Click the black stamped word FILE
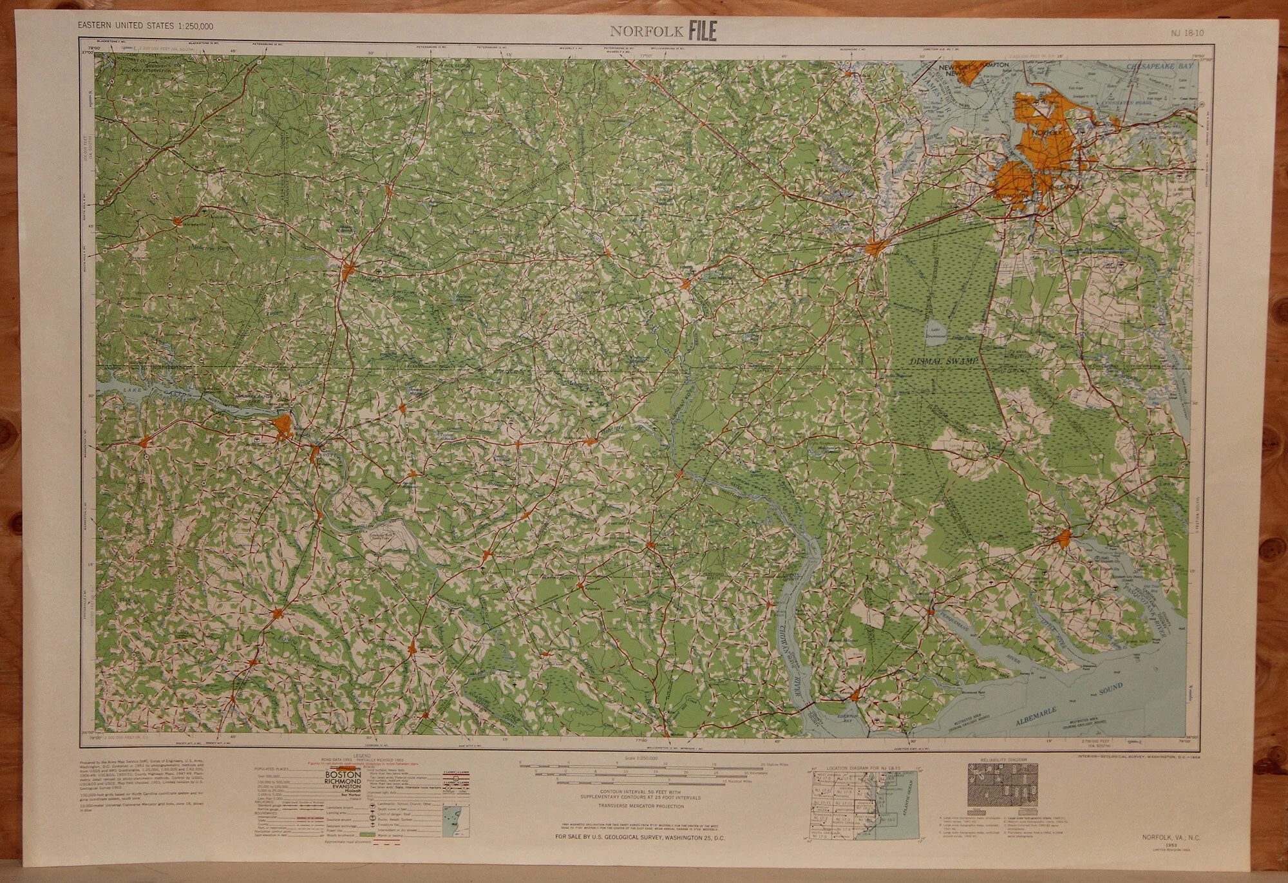pyautogui.click(x=702, y=30)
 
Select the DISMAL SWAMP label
pyautogui.click(x=945, y=362)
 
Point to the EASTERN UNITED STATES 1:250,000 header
pyautogui.click(x=146, y=26)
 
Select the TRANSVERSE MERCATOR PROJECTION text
pyautogui.click(x=639, y=806)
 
